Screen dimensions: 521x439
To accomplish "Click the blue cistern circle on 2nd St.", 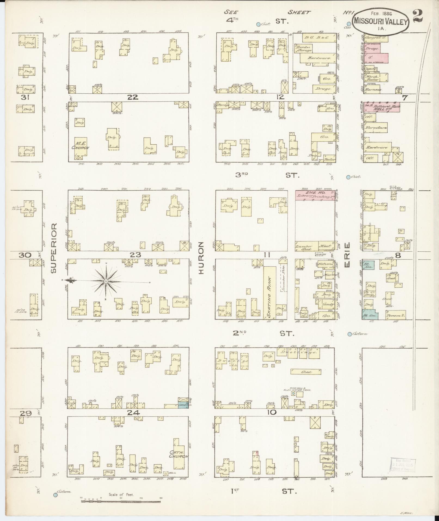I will pos(349,334).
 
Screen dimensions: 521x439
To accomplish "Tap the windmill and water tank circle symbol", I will pos(293,394).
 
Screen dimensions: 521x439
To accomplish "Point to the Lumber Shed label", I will pos(303,247).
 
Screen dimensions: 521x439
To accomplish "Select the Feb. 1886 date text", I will pos(381,13).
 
